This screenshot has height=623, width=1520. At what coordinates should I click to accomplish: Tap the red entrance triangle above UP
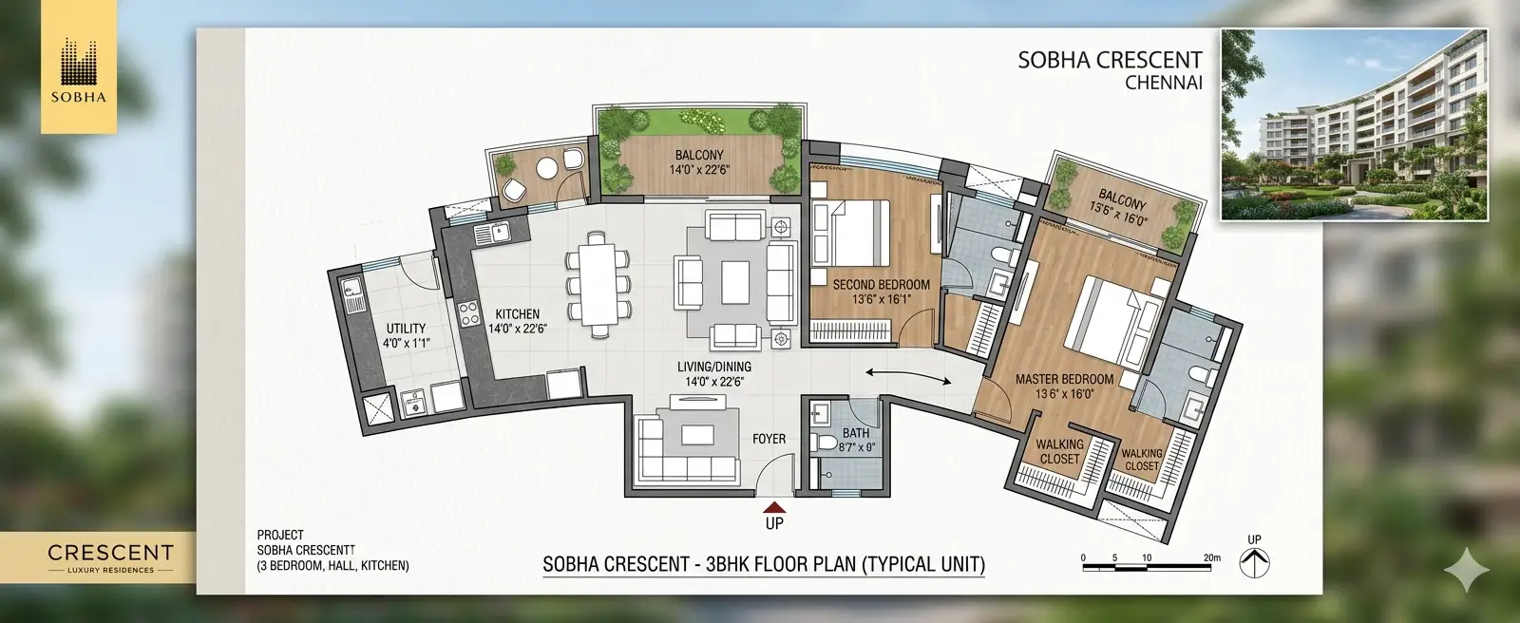(774, 508)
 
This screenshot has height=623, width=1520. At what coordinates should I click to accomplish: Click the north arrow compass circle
(1255, 563)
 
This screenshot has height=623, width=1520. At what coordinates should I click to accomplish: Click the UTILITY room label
(406, 329)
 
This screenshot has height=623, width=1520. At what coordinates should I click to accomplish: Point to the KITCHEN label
(517, 314)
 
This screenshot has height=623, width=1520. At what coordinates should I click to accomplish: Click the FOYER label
(769, 439)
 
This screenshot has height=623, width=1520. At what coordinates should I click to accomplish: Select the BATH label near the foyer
(856, 433)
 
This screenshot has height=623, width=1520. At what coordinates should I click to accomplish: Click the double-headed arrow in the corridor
(908, 376)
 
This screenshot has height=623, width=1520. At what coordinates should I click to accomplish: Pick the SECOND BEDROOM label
(881, 284)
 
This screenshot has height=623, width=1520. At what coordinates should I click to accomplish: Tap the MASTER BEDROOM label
(1064, 379)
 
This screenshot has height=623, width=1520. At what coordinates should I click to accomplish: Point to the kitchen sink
(493, 233)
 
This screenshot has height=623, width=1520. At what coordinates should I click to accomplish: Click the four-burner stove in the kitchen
(468, 312)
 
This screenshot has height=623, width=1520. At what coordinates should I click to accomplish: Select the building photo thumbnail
(1355, 124)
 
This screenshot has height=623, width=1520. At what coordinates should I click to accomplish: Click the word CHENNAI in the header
(1164, 83)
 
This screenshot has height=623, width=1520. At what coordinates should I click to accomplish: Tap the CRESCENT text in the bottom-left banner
(110, 553)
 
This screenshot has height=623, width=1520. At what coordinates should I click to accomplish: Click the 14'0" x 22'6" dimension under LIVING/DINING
(714, 382)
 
